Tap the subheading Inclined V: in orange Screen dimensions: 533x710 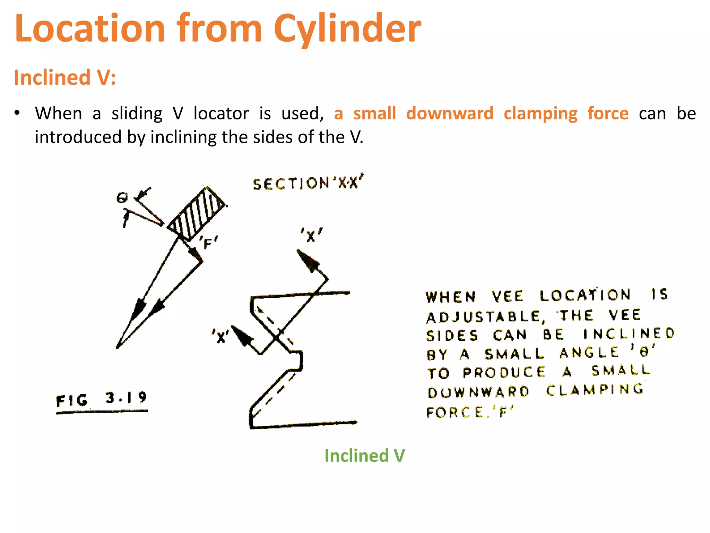pyautogui.click(x=65, y=77)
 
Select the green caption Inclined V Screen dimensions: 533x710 pyautogui.click(x=364, y=456)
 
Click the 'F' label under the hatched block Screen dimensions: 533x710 pyautogui.click(x=208, y=243)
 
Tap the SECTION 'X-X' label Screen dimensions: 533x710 pyautogui.click(x=308, y=183)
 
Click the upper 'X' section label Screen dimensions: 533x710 pyautogui.click(x=311, y=236)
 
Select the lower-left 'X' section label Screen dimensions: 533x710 pyautogui.click(x=220, y=336)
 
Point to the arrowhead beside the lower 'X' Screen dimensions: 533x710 pyautogui.click(x=242, y=336)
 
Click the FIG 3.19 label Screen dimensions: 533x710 pyautogui.click(x=102, y=399)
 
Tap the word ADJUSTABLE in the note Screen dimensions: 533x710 pyautogui.click(x=484, y=317)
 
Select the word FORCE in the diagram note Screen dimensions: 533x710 pyautogui.click(x=455, y=413)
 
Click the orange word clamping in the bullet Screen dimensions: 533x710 pyautogui.click(x=540, y=114)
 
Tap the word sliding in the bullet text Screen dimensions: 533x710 pyautogui.click(x=137, y=114)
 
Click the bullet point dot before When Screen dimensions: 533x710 pyautogui.click(x=17, y=113)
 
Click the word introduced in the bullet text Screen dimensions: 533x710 pyautogui.click(x=78, y=137)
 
